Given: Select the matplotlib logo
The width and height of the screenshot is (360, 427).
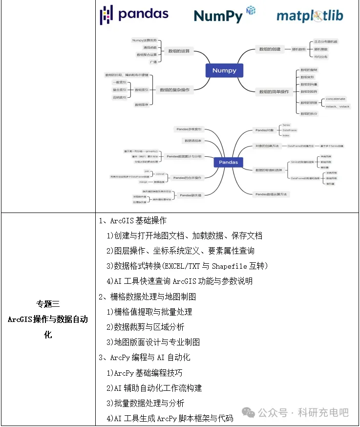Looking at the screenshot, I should (x=310, y=16).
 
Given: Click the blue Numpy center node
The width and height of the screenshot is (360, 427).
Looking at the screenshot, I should (x=224, y=70).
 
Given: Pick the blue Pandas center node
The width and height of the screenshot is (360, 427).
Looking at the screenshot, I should (x=228, y=162).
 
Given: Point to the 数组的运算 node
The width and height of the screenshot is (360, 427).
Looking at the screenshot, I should (x=179, y=51).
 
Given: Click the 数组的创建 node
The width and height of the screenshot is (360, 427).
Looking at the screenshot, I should (x=270, y=49).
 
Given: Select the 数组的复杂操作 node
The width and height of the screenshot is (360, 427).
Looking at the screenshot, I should (x=175, y=90).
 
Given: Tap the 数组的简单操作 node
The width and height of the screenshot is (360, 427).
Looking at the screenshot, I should (x=274, y=92).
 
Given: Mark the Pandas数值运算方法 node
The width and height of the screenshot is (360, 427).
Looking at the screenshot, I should (x=271, y=194).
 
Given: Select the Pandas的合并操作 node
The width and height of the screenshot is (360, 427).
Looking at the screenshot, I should (x=187, y=177).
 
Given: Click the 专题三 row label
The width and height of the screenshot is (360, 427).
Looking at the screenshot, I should (x=47, y=304).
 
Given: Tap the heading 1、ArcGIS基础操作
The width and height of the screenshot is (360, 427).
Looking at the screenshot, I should (x=132, y=221).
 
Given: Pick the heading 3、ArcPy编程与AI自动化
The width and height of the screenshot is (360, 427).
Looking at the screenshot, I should (x=144, y=357).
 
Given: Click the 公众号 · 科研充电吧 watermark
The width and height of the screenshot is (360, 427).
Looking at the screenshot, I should (x=303, y=413).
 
